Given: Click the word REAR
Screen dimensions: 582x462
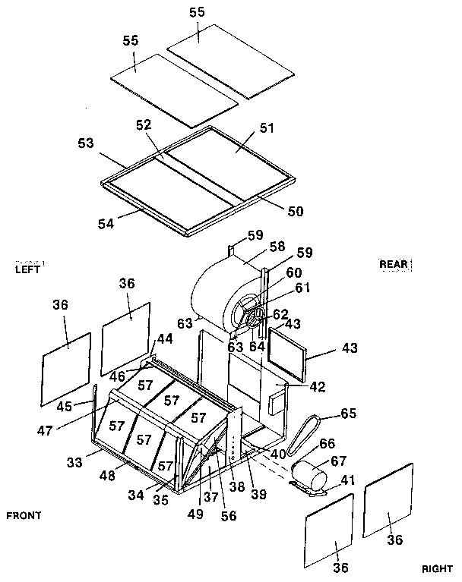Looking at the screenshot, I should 394,264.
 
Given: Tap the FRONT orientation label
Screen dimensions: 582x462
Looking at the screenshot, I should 24,515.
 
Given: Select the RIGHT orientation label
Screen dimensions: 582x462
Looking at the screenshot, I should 437,568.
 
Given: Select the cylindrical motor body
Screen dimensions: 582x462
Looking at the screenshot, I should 311,478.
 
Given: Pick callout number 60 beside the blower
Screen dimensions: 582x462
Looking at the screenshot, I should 293,272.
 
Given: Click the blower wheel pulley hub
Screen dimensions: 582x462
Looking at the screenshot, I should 258,313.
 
